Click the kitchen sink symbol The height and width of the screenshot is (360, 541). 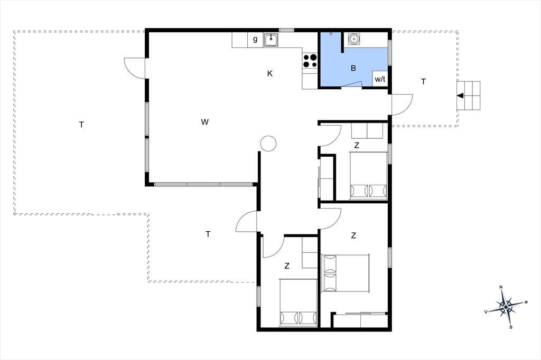click(272, 40)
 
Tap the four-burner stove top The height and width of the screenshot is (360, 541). click(310, 61)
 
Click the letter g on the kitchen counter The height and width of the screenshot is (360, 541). click(255, 39)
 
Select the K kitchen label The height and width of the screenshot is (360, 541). click(270, 73)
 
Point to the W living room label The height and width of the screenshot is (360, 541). click(204, 122)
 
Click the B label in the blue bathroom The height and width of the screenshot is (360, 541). click(353, 68)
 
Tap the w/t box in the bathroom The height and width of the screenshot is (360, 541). click(380, 79)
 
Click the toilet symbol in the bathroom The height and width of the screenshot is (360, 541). click(353, 39)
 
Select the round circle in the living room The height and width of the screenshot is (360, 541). click(268, 143)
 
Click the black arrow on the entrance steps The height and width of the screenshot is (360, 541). click(460, 96)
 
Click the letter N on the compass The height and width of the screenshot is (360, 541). click(501, 287)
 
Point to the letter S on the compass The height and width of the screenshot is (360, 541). click(511, 327)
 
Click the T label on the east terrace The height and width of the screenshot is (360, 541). click(423, 82)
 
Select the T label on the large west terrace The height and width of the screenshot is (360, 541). click(81, 125)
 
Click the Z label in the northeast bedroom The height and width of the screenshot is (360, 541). click(357, 146)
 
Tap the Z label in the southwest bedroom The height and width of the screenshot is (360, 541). click(287, 266)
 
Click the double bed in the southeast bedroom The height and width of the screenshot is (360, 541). click(346, 273)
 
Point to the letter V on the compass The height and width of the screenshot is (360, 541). click(486, 312)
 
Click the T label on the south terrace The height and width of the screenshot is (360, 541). click(208, 234)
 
